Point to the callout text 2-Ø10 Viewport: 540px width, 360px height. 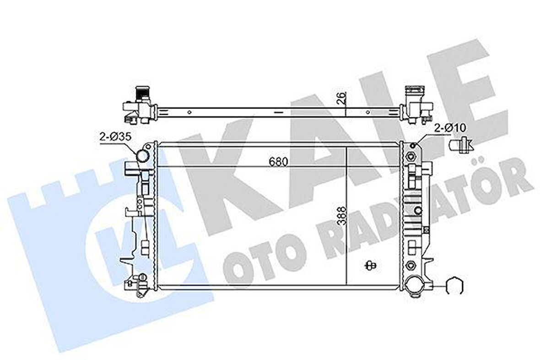(449, 128)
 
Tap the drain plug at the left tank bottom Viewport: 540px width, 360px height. (142, 278)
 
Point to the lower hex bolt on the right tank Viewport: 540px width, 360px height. (410, 265)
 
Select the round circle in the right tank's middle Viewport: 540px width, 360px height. (417, 211)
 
